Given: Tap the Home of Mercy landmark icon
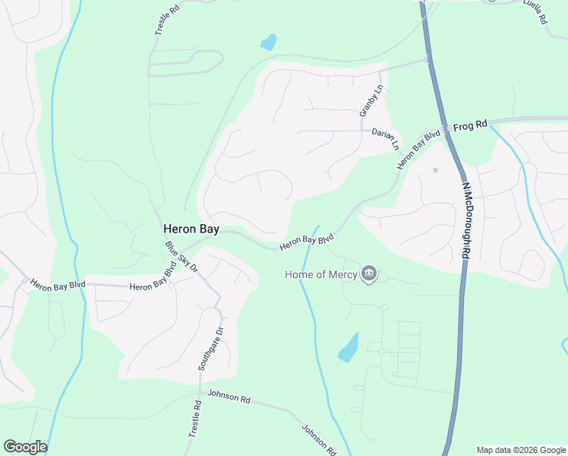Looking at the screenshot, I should [x=369, y=274].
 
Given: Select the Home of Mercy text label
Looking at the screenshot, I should [x=321, y=274].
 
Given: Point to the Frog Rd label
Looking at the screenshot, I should [x=469, y=127].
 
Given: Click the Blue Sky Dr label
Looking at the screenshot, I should [x=181, y=257].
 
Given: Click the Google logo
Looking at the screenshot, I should [x=25, y=447].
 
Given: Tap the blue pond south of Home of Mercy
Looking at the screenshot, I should [x=348, y=347].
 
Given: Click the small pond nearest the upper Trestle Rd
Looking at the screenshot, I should [x=268, y=42].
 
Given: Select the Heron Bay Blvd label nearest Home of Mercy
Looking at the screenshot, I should [x=307, y=242].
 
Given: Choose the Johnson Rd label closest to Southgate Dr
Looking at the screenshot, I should [x=229, y=397].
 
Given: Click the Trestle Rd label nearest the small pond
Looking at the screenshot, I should [x=167, y=17].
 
